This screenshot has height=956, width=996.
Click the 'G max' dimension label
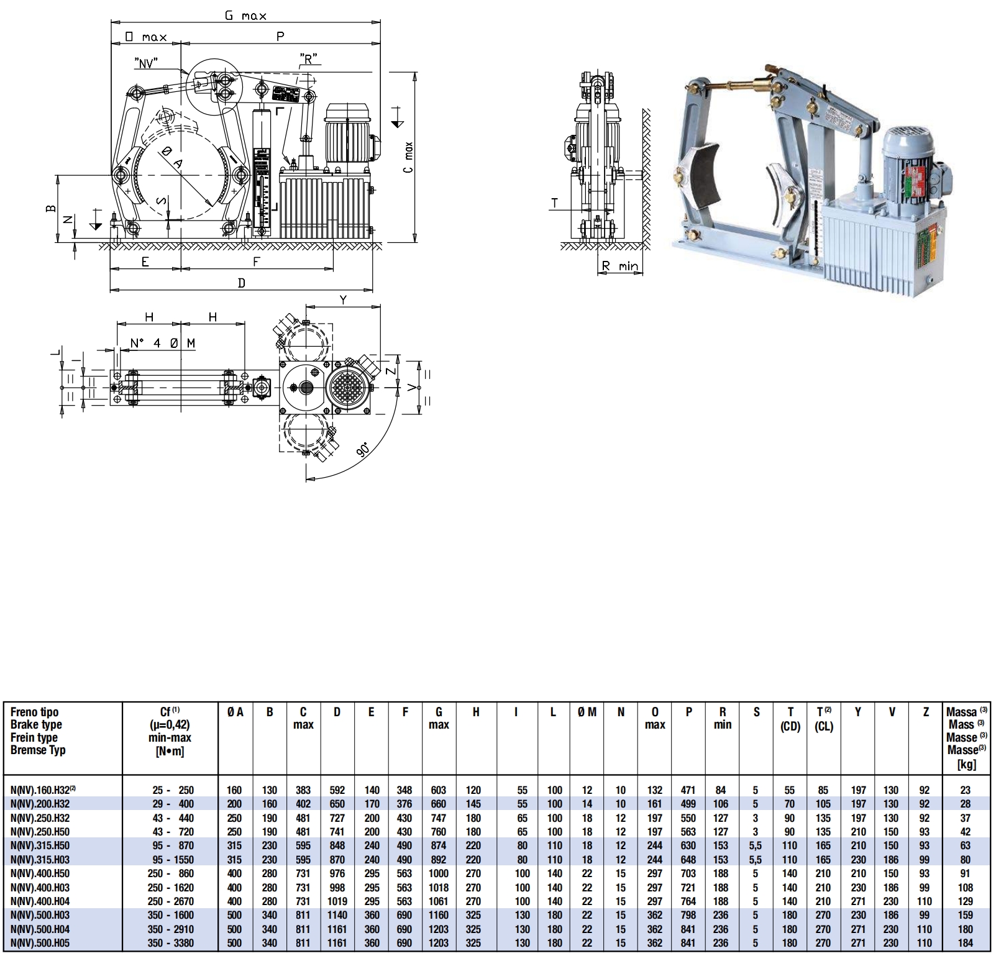point(245,16)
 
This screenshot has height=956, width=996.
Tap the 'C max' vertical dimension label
point(408,158)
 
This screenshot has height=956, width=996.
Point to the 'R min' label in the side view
point(620,266)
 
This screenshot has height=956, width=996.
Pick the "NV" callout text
point(145,62)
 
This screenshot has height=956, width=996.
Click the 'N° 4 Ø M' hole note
point(163,343)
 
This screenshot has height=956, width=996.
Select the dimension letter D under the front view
point(242,283)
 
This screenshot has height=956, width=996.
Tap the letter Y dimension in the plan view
point(343,300)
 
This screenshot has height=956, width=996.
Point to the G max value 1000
point(439,874)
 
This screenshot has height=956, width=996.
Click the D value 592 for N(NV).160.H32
point(337,790)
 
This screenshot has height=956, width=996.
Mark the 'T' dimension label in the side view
point(555,203)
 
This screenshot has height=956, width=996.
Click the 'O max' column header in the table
point(655,718)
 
